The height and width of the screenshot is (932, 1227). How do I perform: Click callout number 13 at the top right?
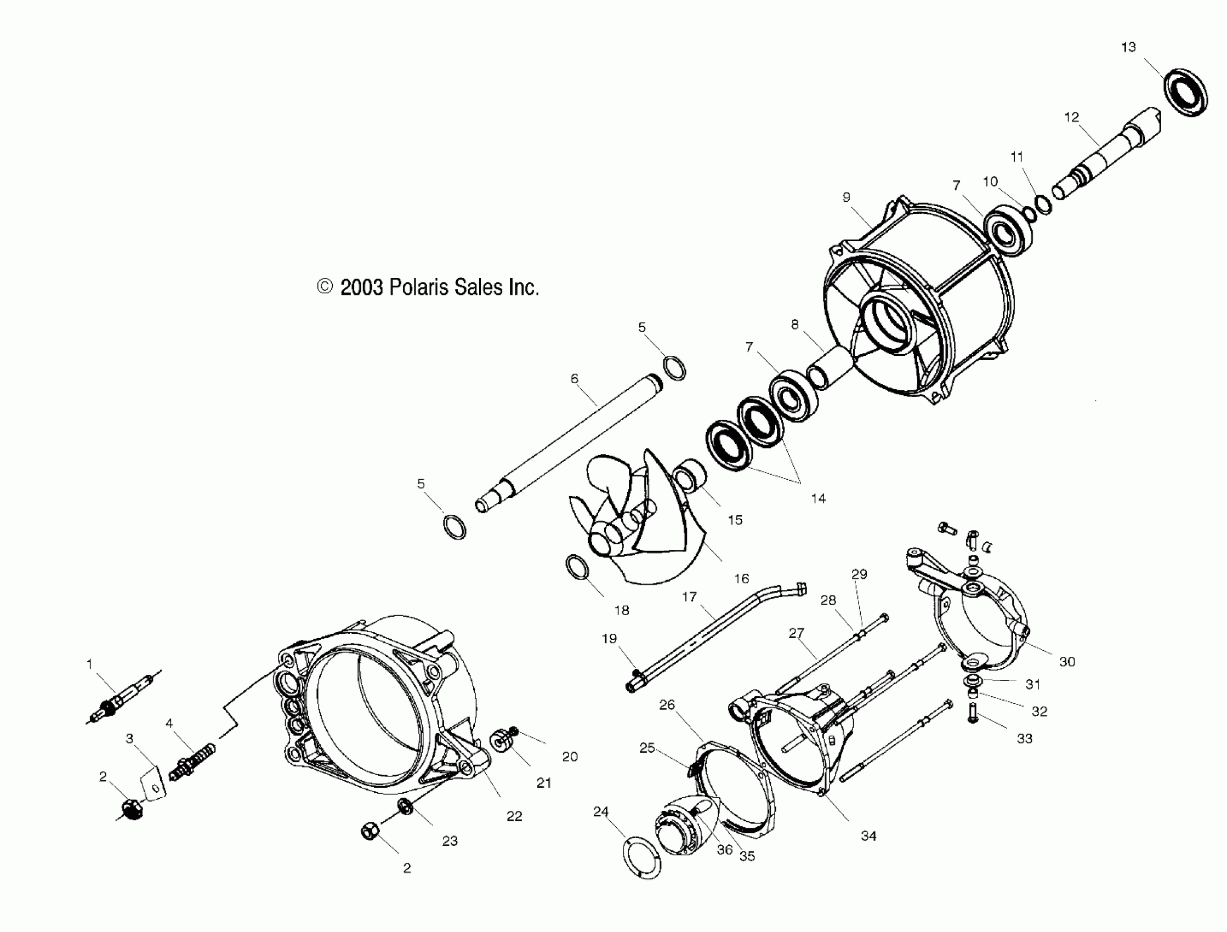pyautogui.click(x=1128, y=47)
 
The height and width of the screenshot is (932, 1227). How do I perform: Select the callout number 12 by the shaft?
pyautogui.click(x=1072, y=117)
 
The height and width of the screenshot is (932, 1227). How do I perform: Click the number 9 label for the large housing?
pyautogui.click(x=846, y=197)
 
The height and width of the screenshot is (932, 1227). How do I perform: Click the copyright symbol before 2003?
pyautogui.click(x=325, y=287)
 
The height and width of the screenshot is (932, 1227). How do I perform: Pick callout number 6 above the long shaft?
pyautogui.click(x=574, y=378)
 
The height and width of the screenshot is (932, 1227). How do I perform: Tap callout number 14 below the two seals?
pyautogui.click(x=818, y=498)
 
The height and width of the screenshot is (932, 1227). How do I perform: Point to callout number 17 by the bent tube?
pyautogui.click(x=689, y=597)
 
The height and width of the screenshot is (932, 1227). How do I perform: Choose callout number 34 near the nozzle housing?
pyautogui.click(x=868, y=836)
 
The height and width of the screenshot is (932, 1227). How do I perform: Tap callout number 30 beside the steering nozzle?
pyautogui.click(x=1067, y=661)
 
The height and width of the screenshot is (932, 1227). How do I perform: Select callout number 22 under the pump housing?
pyautogui.click(x=514, y=816)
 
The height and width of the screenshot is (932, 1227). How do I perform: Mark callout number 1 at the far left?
pyautogui.click(x=89, y=663)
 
